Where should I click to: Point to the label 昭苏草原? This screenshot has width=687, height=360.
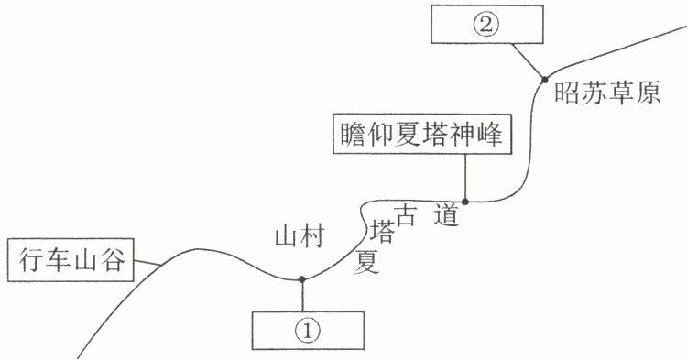pyautogui.click(x=607, y=93)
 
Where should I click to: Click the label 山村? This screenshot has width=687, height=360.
pyautogui.click(x=300, y=237)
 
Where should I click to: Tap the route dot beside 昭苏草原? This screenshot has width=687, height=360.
pyautogui.click(x=545, y=80)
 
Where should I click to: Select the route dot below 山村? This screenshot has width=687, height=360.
pyautogui.click(x=302, y=279)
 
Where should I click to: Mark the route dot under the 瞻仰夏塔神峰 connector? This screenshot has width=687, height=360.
pyautogui.click(x=465, y=202)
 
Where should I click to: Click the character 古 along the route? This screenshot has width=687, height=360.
pyautogui.click(x=405, y=214)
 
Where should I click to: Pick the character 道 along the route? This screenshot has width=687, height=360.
pyautogui.click(x=446, y=214)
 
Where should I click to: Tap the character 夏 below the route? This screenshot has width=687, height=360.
pyautogui.click(x=366, y=261)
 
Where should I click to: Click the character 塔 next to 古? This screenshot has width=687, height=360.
pyautogui.click(x=382, y=232)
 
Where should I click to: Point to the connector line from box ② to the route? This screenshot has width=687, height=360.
pyautogui.click(x=528, y=61)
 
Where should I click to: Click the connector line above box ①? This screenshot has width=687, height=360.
pyautogui.click(x=302, y=295)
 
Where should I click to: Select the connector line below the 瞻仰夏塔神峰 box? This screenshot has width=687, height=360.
pyautogui.click(x=465, y=178)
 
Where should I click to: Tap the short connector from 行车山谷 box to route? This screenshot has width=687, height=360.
pyautogui.click(x=147, y=263)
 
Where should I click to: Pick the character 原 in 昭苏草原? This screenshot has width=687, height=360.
pyautogui.click(x=649, y=93)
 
